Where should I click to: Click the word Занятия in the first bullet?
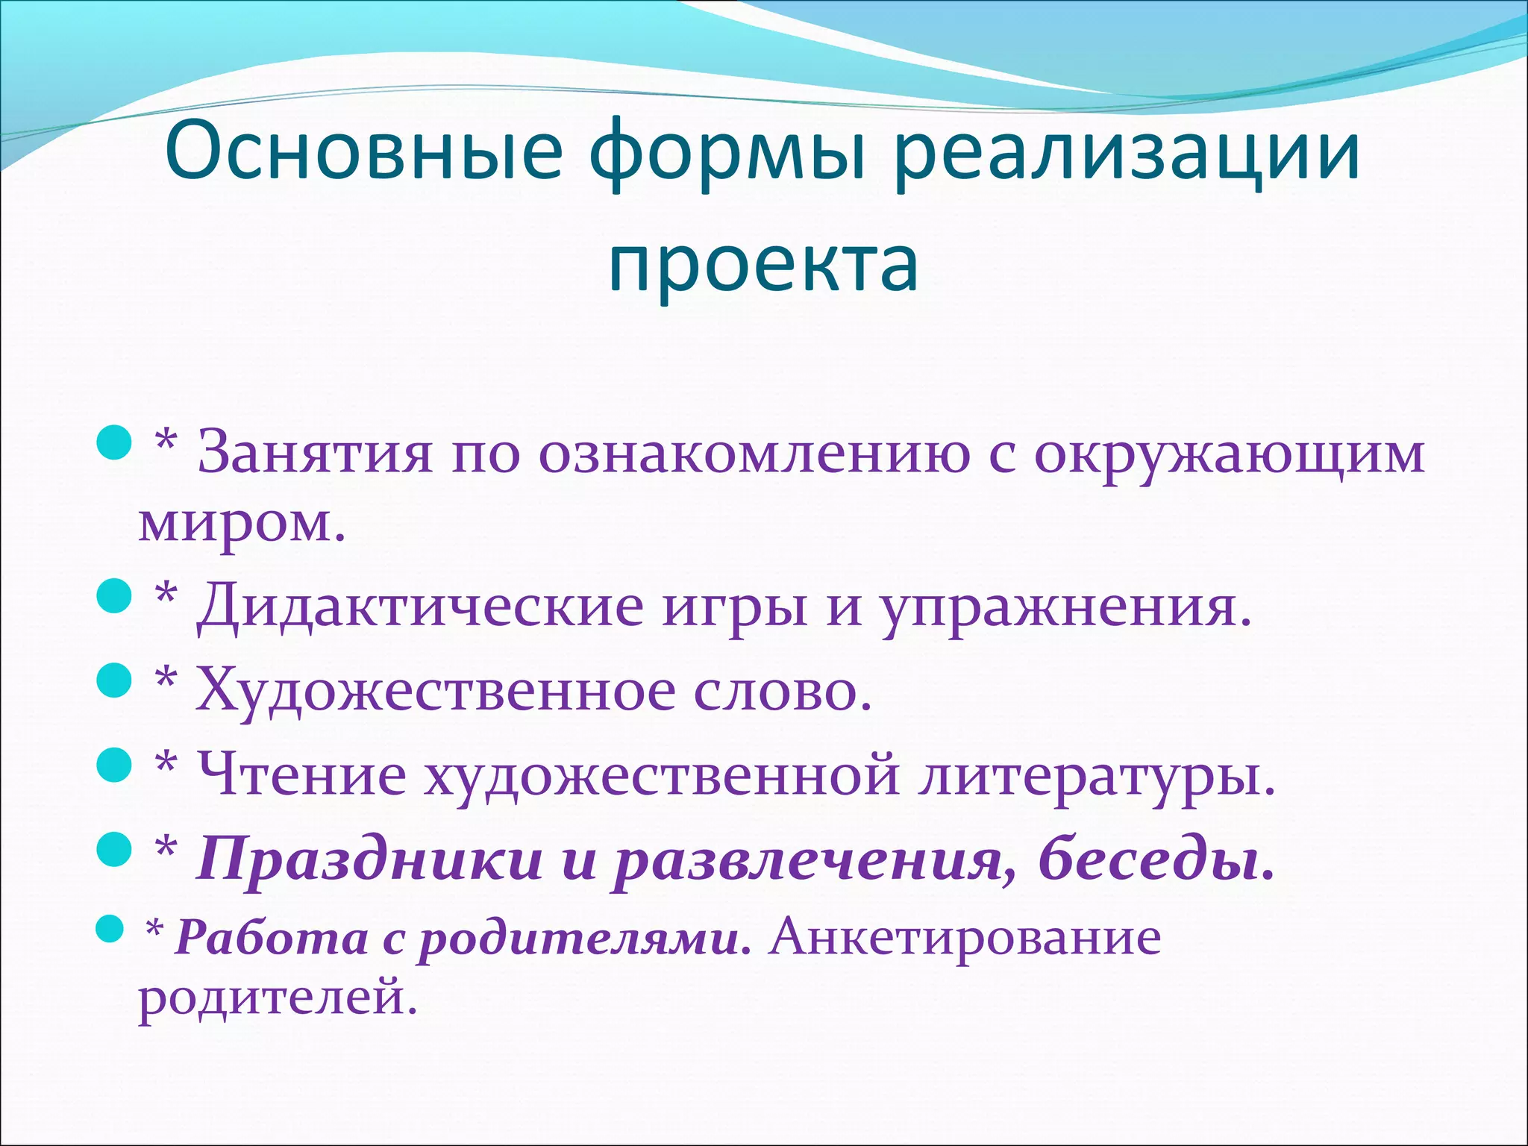click(x=314, y=453)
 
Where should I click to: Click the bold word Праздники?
click(x=370, y=859)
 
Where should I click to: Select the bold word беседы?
click(x=1156, y=859)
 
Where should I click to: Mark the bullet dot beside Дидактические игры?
click(x=115, y=596)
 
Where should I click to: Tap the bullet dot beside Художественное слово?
click(x=115, y=680)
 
